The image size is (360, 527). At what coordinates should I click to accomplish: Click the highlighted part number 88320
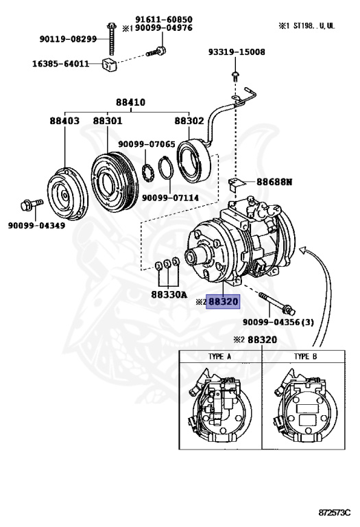tap(223, 301)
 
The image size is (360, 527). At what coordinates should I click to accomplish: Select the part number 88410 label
tap(131, 102)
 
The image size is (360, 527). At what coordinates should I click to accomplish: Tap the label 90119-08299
tap(68, 39)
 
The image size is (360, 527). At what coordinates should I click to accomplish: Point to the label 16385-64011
tap(61, 64)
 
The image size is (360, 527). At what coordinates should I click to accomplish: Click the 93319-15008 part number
tap(237, 51)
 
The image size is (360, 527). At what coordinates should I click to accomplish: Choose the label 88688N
tap(274, 182)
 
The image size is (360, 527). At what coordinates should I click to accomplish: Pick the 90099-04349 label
tap(36, 225)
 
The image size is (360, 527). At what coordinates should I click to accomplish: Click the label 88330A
tap(169, 294)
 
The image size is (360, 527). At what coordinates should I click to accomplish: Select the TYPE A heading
tap(219, 356)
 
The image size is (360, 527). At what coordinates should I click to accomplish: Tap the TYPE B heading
tap(305, 356)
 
